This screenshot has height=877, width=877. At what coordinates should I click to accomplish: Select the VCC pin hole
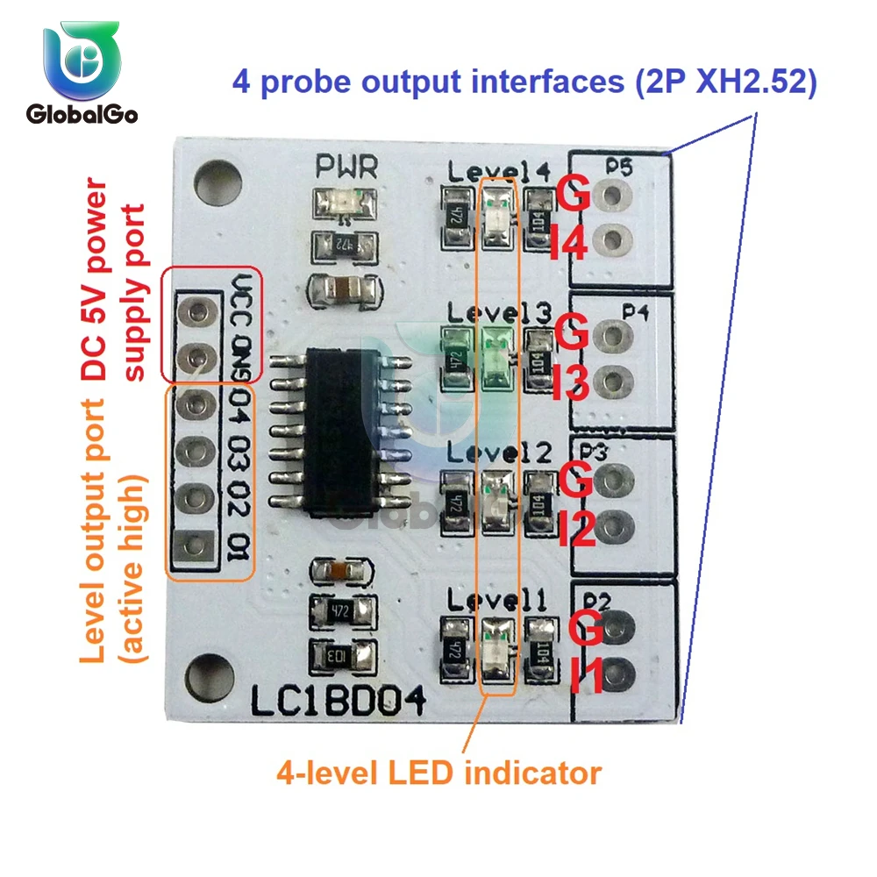click(196, 311)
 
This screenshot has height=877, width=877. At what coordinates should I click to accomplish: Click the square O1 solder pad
click(196, 546)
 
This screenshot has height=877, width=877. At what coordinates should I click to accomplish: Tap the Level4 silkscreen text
click(499, 171)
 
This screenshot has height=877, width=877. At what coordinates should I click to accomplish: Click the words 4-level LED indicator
click(438, 774)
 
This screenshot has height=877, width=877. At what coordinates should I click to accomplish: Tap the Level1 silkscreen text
click(498, 601)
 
